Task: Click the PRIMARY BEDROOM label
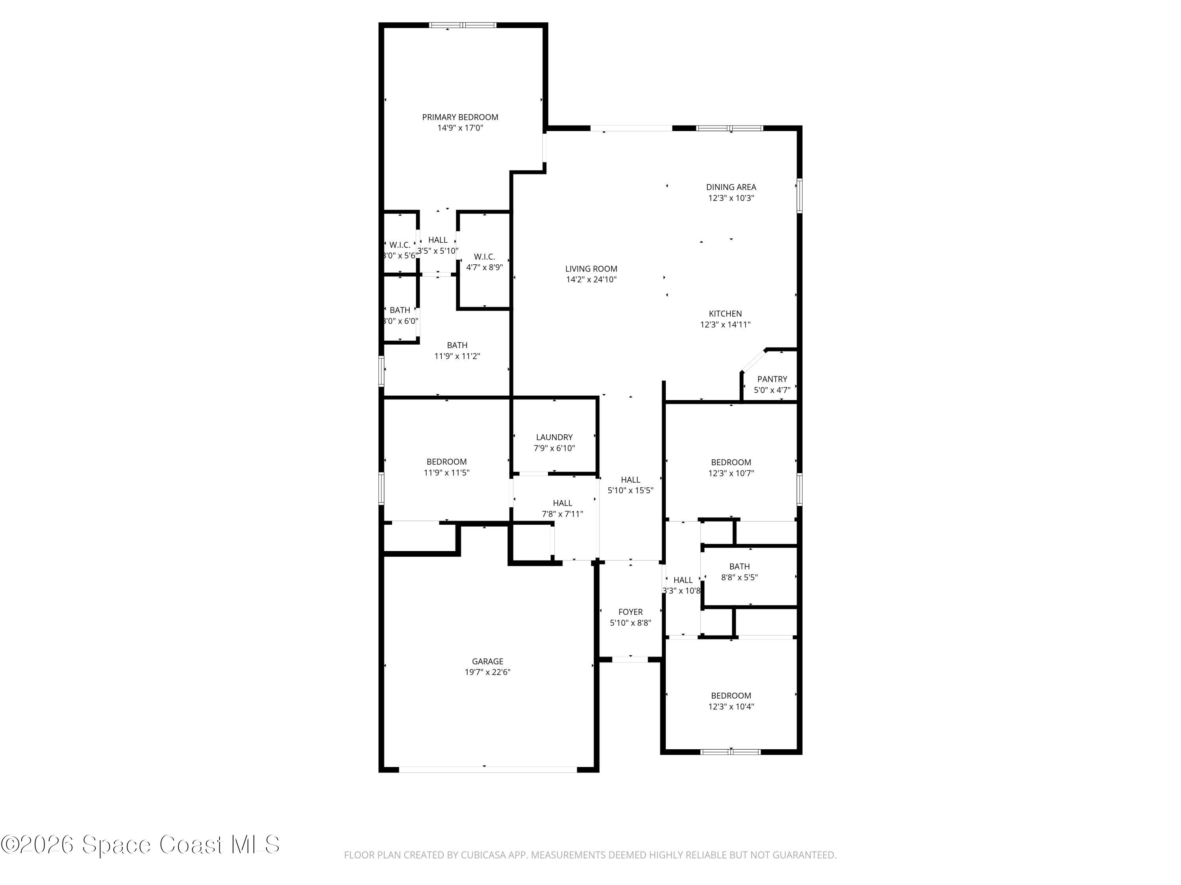click(x=460, y=117)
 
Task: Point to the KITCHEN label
click(x=725, y=313)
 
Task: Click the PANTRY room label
click(x=772, y=379)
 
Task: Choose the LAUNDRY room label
click(x=554, y=437)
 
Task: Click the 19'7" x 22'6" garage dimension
click(x=487, y=672)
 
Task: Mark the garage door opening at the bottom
click(x=487, y=769)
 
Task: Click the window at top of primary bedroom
click(x=463, y=25)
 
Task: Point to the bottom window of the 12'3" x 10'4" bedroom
click(x=730, y=752)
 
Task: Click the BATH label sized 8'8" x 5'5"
click(x=739, y=566)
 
